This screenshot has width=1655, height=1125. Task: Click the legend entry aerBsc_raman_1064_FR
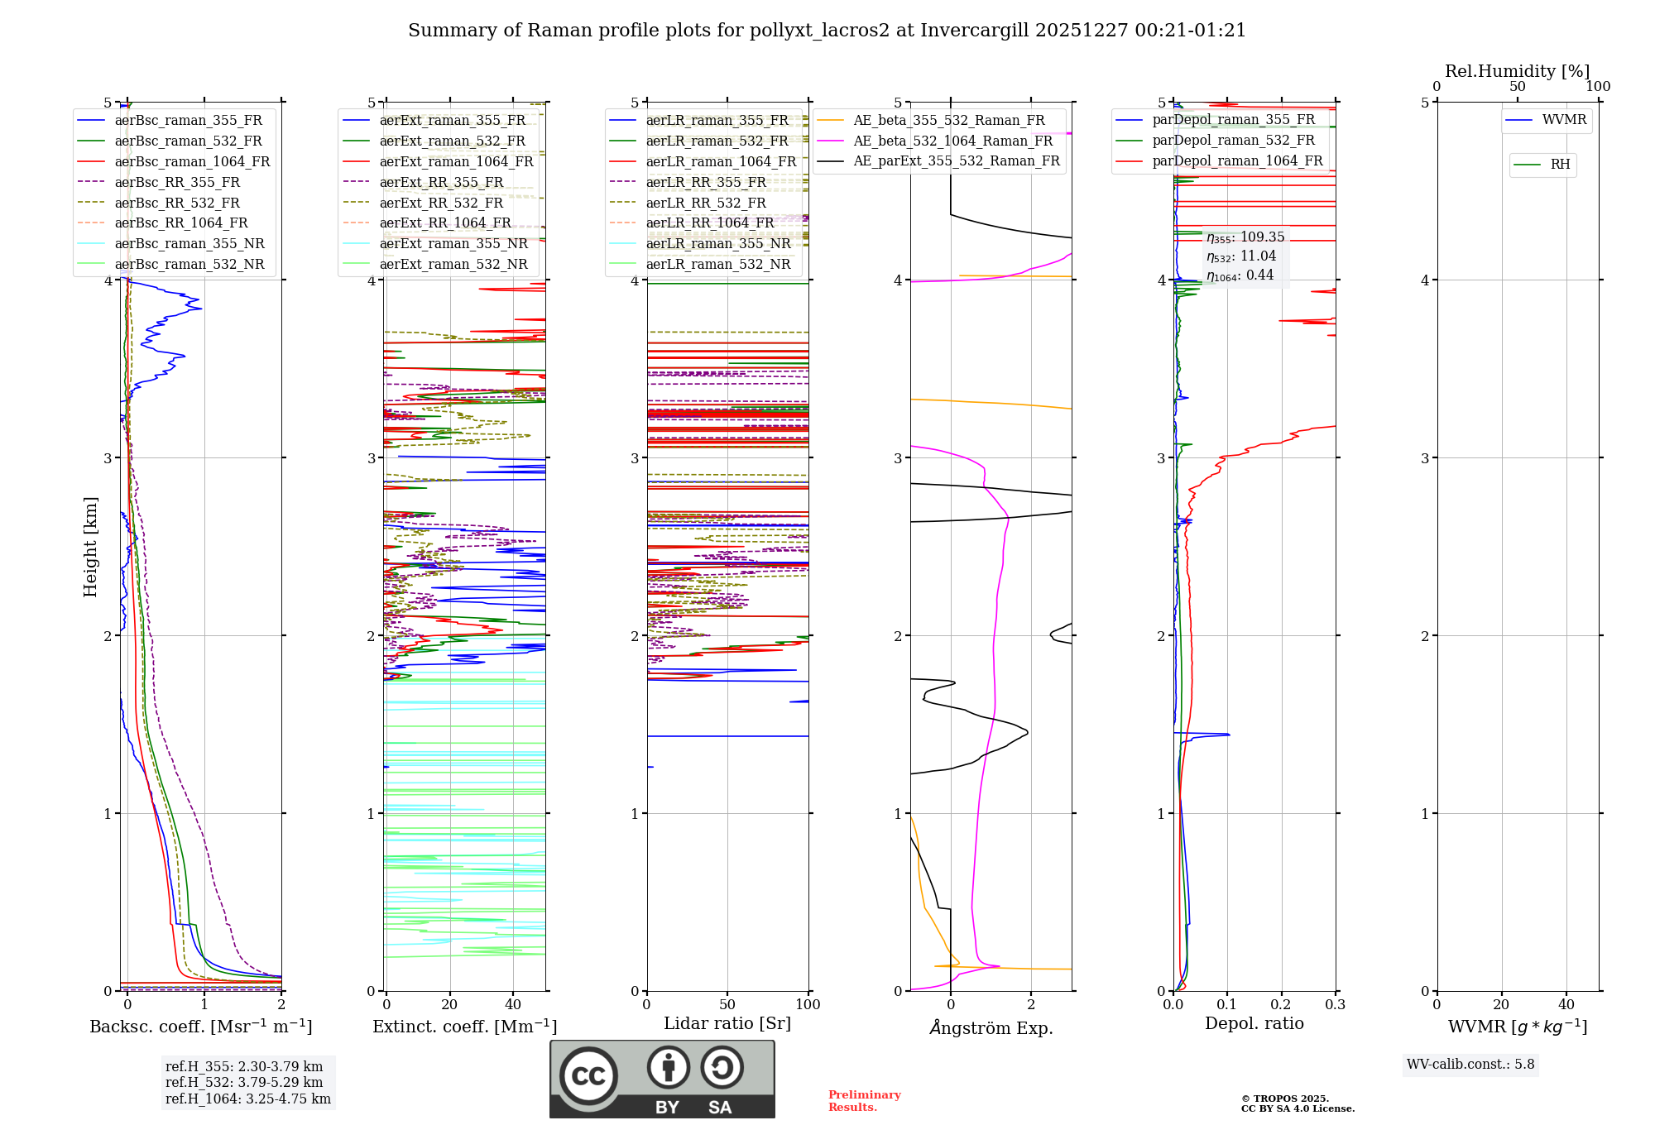coord(192,161)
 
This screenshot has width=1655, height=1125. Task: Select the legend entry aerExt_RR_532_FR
coord(441,203)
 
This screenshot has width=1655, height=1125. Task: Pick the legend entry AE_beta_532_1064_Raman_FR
coord(952,141)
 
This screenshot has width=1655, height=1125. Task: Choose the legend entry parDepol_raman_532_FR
coord(1233,140)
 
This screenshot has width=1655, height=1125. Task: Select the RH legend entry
coord(1560,165)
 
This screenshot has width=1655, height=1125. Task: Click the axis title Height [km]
coord(90,547)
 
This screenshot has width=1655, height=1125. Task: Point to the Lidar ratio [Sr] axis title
coord(727,1023)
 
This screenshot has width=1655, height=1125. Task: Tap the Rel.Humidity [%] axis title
coord(1517,71)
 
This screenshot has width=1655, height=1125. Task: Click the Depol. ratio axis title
coord(1254,1023)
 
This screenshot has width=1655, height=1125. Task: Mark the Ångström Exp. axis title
coord(991,1027)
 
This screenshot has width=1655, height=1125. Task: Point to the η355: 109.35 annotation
coord(1245,237)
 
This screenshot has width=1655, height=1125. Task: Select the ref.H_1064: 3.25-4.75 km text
coord(247,1099)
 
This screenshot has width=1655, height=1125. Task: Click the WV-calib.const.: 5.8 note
coord(1470,1064)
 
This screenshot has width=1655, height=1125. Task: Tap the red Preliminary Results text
coord(864,1100)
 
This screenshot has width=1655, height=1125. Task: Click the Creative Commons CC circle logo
coord(588,1075)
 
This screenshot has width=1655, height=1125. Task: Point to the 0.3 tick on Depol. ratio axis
coord(1335,1004)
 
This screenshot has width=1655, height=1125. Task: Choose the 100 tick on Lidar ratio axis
coord(808,1004)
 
